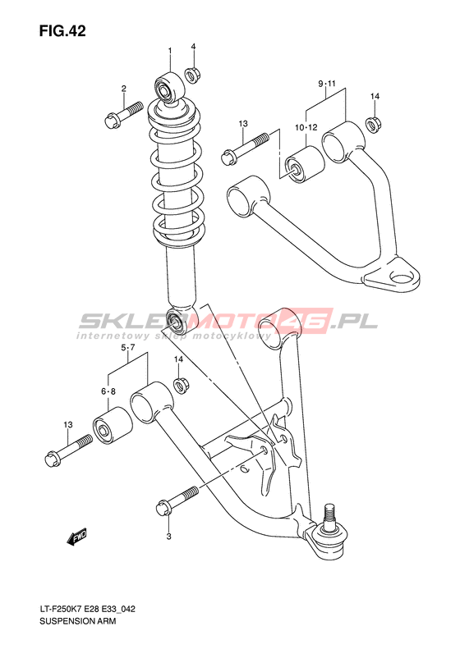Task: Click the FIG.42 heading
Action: pyautogui.click(x=62, y=31)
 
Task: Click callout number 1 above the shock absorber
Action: pyautogui.click(x=169, y=51)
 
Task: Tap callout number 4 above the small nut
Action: pyautogui.click(x=193, y=46)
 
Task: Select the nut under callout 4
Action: pyautogui.click(x=192, y=75)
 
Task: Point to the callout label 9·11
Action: pyautogui.click(x=327, y=84)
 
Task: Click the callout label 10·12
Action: pyautogui.click(x=306, y=127)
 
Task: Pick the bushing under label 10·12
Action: pyautogui.click(x=306, y=164)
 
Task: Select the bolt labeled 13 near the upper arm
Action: pyautogui.click(x=245, y=148)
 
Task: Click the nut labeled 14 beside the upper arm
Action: pyautogui.click(x=374, y=123)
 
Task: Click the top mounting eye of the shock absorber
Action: pyautogui.click(x=170, y=88)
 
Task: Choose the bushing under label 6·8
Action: pyautogui.click(x=113, y=425)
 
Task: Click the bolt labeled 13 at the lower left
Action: pyautogui.click(x=68, y=449)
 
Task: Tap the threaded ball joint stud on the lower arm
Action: pyautogui.click(x=330, y=516)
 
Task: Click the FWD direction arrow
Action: pyautogui.click(x=77, y=537)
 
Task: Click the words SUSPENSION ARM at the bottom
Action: pyautogui.click(x=78, y=621)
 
